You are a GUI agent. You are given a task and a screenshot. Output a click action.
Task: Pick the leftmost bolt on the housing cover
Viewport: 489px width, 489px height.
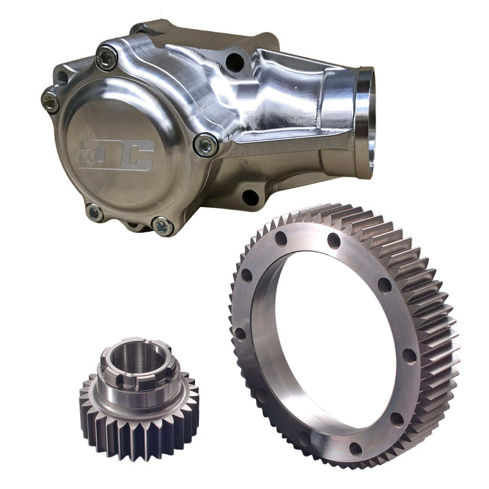click(x=50, y=101)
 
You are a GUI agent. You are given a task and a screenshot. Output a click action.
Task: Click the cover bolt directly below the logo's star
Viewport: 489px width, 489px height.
click(x=94, y=212)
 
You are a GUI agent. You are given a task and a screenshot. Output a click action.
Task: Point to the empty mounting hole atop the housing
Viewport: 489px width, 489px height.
click(x=236, y=63)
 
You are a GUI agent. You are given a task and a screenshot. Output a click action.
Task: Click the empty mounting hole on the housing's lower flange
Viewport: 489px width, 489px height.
click(x=250, y=197)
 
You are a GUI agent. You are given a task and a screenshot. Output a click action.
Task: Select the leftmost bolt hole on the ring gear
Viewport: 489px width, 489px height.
click(x=240, y=333)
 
